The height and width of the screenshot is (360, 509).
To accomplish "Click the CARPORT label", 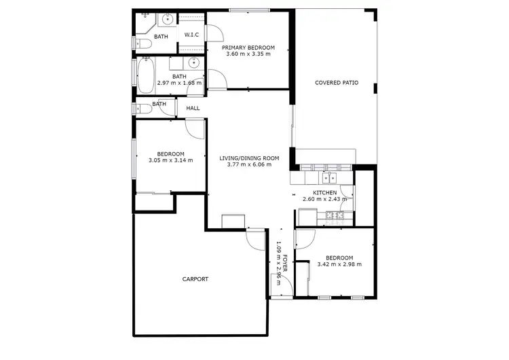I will tap(195, 279).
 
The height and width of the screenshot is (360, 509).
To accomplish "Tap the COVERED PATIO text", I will tap(336, 83).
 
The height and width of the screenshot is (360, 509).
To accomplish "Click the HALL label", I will tap(193, 108).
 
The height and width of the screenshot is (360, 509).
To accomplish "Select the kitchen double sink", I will tap(328, 178).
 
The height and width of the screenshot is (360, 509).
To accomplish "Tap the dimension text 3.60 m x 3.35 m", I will tap(248, 54).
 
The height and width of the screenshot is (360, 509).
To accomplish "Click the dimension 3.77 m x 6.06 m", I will tap(249, 164).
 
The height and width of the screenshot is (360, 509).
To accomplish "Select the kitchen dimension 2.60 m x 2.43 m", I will tap(325, 199).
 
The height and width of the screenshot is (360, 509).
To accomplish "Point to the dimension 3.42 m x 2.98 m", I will tap(339, 264).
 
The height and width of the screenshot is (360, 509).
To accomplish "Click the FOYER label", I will tap(286, 263).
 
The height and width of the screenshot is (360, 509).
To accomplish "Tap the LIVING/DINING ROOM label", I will tap(249, 158).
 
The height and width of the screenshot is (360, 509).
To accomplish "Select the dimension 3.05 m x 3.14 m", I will tap(171, 160).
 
